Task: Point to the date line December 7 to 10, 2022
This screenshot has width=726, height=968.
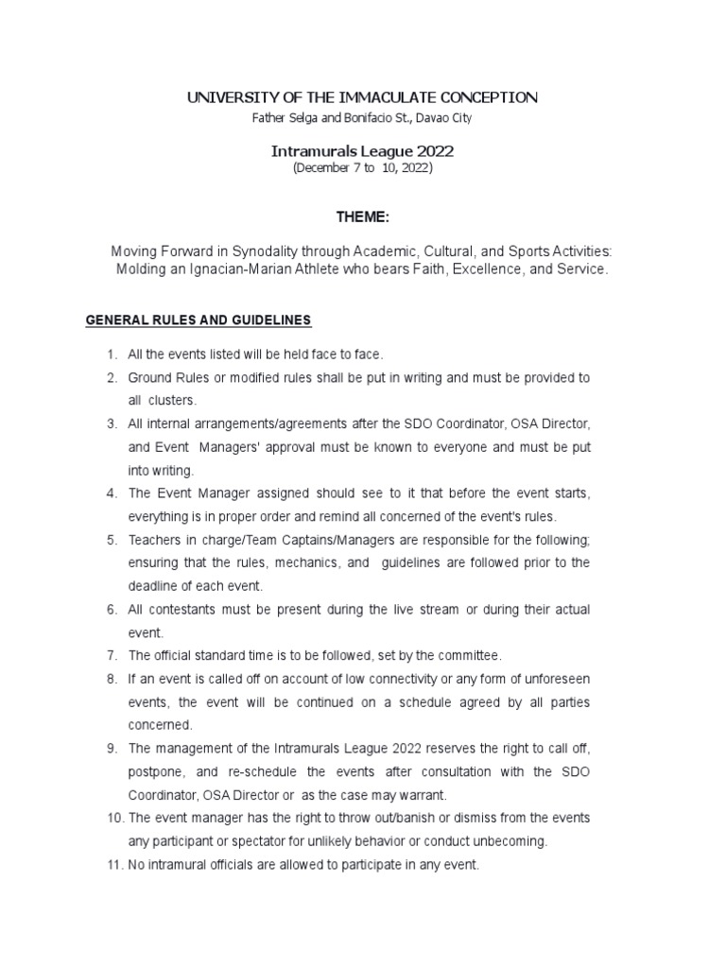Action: tap(363, 167)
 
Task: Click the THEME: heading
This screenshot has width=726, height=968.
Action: tap(362, 217)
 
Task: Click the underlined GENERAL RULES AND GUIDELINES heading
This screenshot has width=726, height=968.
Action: tap(199, 320)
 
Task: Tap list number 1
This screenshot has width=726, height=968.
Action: tap(111, 354)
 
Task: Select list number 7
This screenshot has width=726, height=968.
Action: tap(111, 655)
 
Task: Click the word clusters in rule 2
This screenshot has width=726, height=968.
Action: tap(173, 400)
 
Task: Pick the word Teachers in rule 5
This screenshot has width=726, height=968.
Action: tap(153, 540)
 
